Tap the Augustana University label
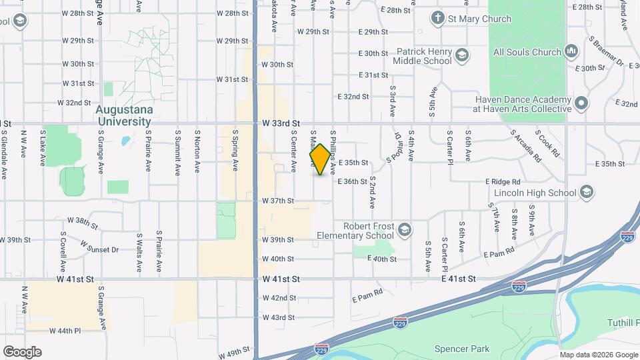pos(124,115)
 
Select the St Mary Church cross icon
pos(438,19)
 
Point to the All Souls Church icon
pos(571,51)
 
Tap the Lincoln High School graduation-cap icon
pos(587,193)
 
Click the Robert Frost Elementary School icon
pos(403,231)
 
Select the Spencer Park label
pos(461,349)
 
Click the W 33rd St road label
pos(281,123)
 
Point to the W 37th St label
pos(278,201)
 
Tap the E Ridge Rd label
pos(503,181)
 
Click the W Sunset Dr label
pos(99,247)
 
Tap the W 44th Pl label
pos(65,331)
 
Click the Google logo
pos(22,352)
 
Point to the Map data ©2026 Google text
pos(599,355)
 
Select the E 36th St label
pos(352,181)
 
